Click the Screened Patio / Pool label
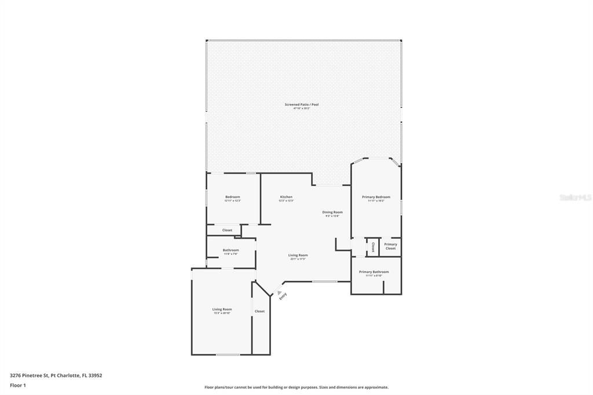click(301, 104)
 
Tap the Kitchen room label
click(286, 197)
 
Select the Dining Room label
click(332, 212)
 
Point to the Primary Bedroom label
click(376, 197)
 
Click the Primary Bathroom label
click(374, 272)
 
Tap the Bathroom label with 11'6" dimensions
click(230, 250)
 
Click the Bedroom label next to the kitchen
click(232, 197)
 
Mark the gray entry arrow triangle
click(279, 292)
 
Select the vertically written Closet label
click(374, 247)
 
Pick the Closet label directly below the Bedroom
click(227, 230)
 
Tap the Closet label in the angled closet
click(259, 311)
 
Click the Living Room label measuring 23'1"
click(298, 255)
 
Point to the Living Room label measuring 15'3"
click(222, 309)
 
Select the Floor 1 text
click(18, 385)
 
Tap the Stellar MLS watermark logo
click(575, 197)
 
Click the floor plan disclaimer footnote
click(296, 387)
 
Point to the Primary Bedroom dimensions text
click(376, 201)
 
